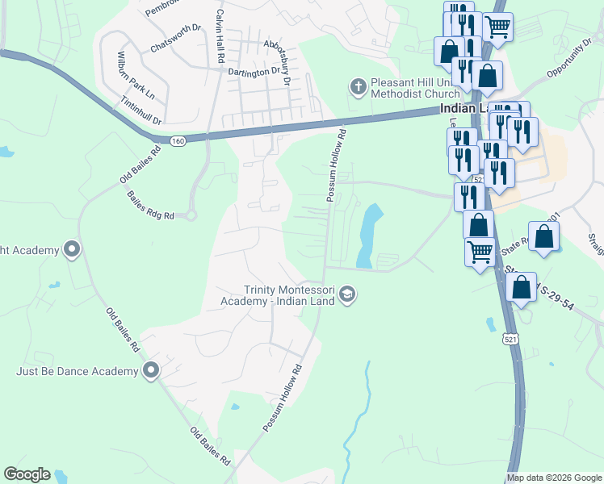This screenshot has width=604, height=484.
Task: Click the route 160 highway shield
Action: (178, 140)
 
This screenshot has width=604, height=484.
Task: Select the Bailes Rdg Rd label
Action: (150, 205)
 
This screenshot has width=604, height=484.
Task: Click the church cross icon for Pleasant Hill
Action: (357, 85)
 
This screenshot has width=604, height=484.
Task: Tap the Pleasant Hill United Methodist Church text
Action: (414, 88)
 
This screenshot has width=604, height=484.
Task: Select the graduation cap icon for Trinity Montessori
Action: (347, 293)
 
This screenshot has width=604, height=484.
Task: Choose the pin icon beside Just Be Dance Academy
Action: (150, 370)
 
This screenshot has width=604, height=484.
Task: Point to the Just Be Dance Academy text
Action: (78, 371)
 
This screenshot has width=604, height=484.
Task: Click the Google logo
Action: (27, 474)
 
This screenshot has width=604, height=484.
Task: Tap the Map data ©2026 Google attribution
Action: (554, 478)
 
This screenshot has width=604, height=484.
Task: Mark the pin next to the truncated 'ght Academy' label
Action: (72, 249)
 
